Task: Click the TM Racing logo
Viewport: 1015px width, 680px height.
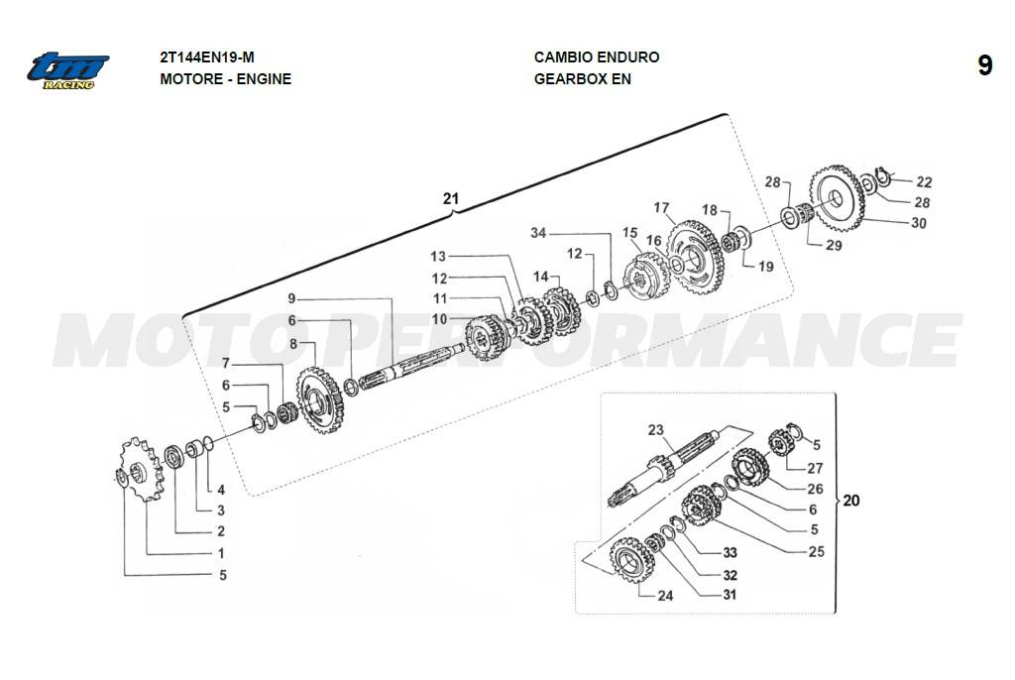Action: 67,70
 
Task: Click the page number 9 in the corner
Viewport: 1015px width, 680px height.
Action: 984,66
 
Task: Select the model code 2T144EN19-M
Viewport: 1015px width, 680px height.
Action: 213,57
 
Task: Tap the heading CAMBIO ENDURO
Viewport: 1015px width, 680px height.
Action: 596,57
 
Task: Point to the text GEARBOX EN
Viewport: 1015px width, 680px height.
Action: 582,79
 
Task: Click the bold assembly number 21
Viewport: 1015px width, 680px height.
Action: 451,199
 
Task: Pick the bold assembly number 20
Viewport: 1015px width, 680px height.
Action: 851,501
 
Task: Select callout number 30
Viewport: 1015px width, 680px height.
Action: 919,223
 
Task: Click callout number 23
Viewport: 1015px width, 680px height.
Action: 654,430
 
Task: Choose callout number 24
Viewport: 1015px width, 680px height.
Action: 665,596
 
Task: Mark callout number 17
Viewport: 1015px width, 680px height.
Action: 662,208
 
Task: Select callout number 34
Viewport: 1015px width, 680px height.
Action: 538,233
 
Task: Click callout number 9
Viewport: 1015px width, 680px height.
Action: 291,298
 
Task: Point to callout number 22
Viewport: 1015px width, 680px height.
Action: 924,182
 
